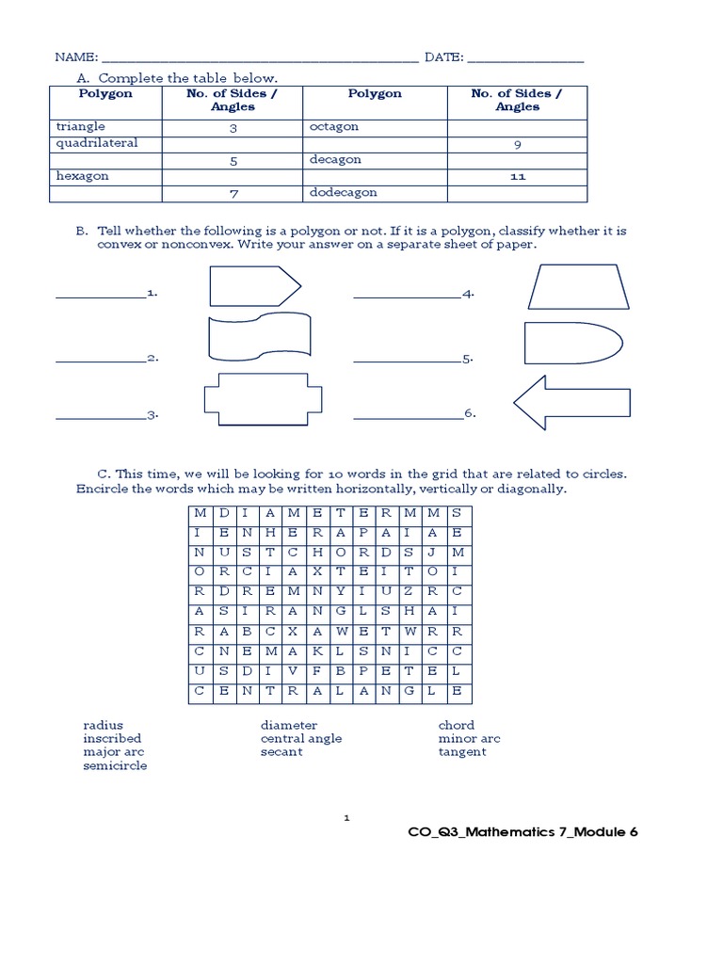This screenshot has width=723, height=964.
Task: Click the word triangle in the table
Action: click(80, 126)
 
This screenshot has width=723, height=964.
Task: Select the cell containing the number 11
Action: click(517, 176)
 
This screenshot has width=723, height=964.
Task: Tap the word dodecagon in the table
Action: click(343, 192)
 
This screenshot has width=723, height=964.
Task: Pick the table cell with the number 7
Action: click(233, 193)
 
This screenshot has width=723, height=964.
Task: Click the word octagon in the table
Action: click(333, 126)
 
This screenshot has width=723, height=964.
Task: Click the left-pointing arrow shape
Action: click(571, 403)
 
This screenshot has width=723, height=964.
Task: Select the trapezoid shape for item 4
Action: click(577, 286)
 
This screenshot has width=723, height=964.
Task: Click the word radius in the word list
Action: click(103, 726)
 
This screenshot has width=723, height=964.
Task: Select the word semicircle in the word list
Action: click(115, 765)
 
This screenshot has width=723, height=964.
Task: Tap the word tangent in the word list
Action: click(461, 752)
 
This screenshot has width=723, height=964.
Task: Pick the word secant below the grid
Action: click(281, 752)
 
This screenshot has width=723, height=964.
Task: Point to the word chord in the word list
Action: click(456, 726)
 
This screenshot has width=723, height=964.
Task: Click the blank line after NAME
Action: click(259, 59)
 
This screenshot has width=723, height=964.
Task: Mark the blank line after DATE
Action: click(525, 59)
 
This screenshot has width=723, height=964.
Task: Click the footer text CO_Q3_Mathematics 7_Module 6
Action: click(522, 832)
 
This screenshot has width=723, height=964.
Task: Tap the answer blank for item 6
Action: click(408, 414)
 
